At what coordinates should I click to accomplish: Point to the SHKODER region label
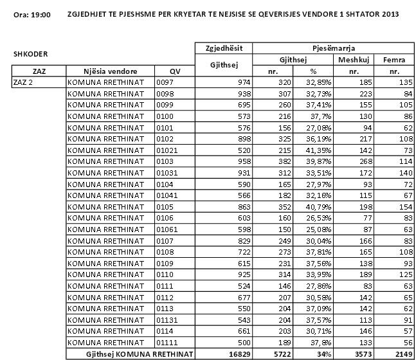tap(30, 55)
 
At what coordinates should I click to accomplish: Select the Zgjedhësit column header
tap(223, 48)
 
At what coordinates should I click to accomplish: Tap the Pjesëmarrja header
tap(334, 48)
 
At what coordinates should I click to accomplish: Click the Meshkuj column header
tap(354, 60)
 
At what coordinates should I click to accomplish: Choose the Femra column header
tap(393, 60)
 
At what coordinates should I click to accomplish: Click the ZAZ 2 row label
tap(24, 82)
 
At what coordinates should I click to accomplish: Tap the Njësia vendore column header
tap(110, 71)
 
